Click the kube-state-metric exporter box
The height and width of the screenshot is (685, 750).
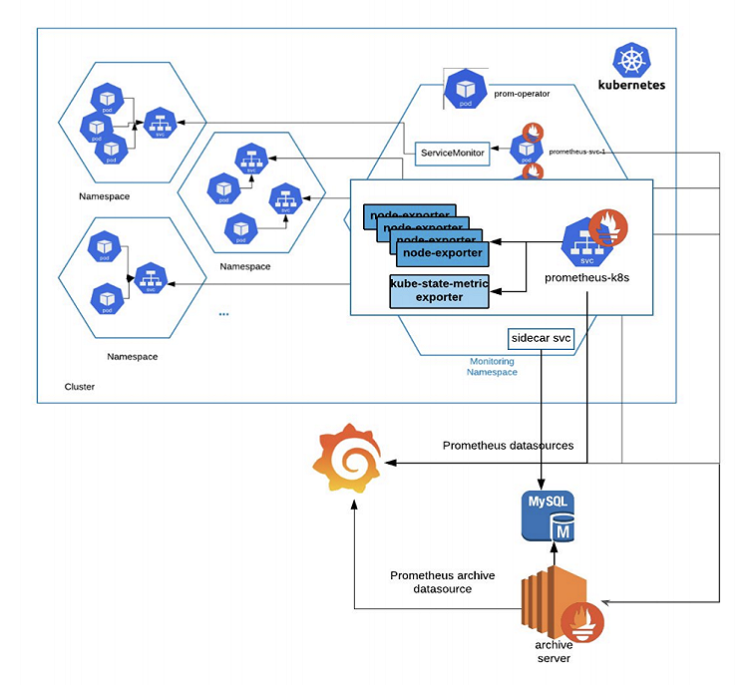438,291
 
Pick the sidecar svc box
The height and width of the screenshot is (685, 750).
541,339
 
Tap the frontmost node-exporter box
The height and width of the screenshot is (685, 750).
438,253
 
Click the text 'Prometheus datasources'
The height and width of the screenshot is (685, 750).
508,445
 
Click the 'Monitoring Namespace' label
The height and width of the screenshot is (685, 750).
492,366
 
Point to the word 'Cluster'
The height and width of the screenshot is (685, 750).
79,386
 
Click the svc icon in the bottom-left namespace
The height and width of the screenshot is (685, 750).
150,279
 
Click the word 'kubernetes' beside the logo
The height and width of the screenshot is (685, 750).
631,85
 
